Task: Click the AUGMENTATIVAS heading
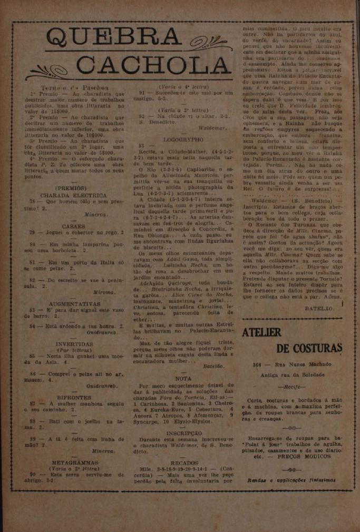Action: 74,304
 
